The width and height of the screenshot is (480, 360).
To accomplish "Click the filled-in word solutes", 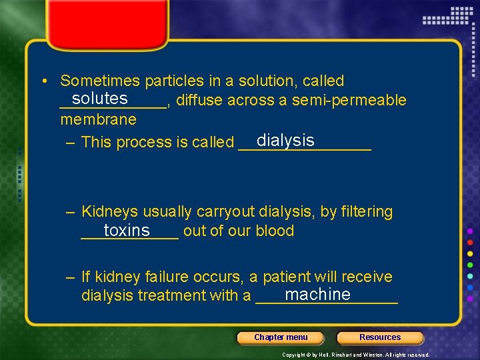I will click(x=100, y=99).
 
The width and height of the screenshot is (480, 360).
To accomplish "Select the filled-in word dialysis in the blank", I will click(x=285, y=140).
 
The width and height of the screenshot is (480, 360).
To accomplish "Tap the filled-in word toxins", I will click(x=127, y=230).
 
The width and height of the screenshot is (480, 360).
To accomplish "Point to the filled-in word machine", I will click(x=317, y=294).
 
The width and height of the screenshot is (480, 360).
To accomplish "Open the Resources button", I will click(x=380, y=337).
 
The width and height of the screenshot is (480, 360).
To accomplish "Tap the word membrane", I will click(x=98, y=119).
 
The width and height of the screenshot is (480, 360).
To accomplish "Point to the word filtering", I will click(x=367, y=212).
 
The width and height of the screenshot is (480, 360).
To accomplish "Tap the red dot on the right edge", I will click(x=470, y=242).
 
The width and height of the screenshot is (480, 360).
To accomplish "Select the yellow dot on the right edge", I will click(x=470, y=254).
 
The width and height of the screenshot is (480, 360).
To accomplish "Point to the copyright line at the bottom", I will click(x=355, y=355).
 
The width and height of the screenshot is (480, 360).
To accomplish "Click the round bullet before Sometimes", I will click(x=43, y=81).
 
